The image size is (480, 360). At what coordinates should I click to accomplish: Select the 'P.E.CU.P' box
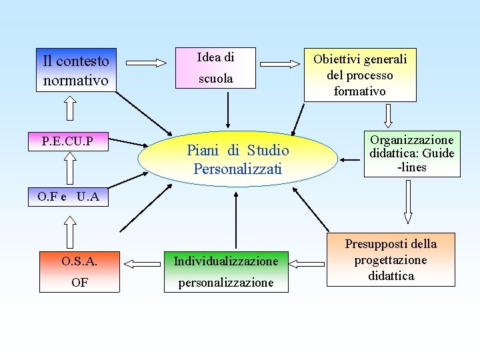[x=67, y=141]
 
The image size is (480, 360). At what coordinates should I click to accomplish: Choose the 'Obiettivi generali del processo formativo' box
[x=360, y=75]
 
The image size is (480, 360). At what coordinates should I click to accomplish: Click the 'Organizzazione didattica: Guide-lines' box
[x=412, y=153]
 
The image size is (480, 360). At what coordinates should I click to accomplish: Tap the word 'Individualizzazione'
[x=225, y=261]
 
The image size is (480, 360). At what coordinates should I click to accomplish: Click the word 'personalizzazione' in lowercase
[x=225, y=283]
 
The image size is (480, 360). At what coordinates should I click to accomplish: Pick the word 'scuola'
[x=215, y=79]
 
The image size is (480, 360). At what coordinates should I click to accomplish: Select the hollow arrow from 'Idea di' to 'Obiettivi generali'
[x=278, y=63]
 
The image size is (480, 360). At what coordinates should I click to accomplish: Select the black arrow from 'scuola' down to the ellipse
[x=229, y=110]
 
